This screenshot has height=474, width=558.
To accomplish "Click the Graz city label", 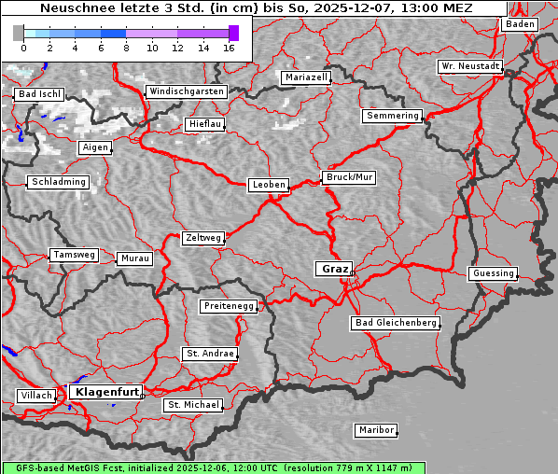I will point(334,269).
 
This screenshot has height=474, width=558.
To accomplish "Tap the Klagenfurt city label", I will point(106,392).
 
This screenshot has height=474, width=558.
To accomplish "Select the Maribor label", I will point(376,430).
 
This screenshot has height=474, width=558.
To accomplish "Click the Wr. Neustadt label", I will point(470,67).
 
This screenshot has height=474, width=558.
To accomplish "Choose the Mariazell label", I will point(306,77).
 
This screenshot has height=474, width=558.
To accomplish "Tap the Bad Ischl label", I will point(39,95).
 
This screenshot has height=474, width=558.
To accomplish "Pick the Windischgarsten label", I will point(186,91).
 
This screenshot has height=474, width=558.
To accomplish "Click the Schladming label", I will point(58,182).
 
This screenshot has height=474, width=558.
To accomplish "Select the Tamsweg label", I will point(73,255).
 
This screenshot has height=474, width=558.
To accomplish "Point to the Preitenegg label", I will point(228,306).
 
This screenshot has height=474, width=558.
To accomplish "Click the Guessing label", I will point(492,273).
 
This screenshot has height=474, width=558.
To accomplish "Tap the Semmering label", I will point(393,116).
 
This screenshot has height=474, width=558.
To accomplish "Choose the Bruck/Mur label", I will point(348,177).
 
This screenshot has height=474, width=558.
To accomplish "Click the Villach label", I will point(35,396).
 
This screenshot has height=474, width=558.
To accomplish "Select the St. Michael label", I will point(193,405).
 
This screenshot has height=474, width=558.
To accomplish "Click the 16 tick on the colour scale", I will point(229,48).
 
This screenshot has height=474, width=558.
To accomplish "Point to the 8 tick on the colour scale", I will point(126,48).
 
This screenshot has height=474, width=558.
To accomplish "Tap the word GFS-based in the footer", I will point(31,467).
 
